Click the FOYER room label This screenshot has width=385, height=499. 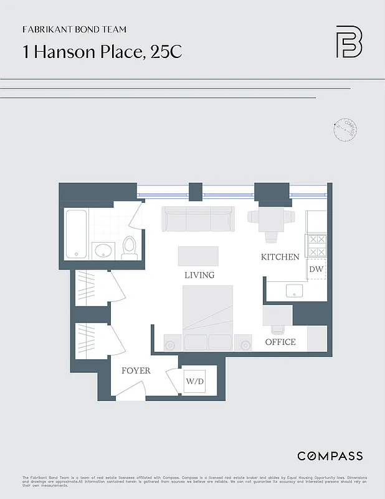(136, 371)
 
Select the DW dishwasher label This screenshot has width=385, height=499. (316, 269)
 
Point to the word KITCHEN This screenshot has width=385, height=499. (280, 257)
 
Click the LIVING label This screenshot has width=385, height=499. (199, 275)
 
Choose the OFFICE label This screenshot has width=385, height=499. (280, 342)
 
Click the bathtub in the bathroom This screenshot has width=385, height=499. (76, 234)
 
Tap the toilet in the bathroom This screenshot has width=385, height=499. (130, 248)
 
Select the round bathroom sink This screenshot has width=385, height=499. (103, 251)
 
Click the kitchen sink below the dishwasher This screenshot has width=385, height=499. (293, 290)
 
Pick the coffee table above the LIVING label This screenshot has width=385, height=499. (198, 256)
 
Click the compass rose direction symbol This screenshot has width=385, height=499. (345, 130)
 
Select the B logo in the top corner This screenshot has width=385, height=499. (349, 42)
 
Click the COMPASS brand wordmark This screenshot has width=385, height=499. (330, 456)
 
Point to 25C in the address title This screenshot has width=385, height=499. (166, 52)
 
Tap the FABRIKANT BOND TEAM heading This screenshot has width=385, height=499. (74, 29)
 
